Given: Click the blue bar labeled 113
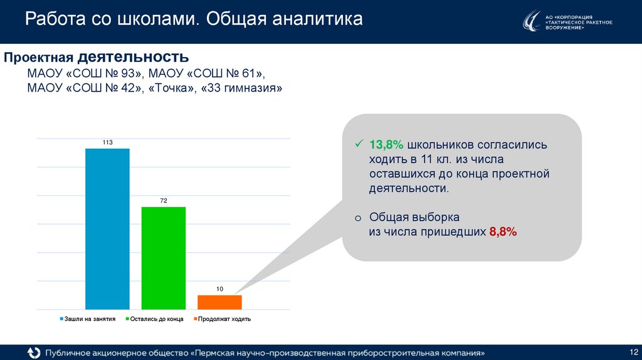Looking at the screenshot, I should pyautogui.click(x=107, y=229).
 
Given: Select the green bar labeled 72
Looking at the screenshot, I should pyautogui.click(x=164, y=258).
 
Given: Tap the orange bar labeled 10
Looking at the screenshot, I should pyautogui.click(x=219, y=302).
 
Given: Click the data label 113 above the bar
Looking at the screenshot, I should pyautogui.click(x=107, y=143).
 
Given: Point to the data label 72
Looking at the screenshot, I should pyautogui.click(x=164, y=201).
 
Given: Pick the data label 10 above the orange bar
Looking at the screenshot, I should pyautogui.click(x=219, y=289).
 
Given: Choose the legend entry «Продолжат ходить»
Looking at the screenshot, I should pyautogui.click(x=224, y=319).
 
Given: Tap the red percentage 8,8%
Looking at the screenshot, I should pyautogui.click(x=503, y=232).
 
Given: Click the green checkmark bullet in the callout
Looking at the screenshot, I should pyautogui.click(x=359, y=144).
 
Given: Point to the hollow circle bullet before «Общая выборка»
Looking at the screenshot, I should pyautogui.click(x=357, y=218).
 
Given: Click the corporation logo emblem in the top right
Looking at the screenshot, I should pyautogui.click(x=532, y=21).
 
